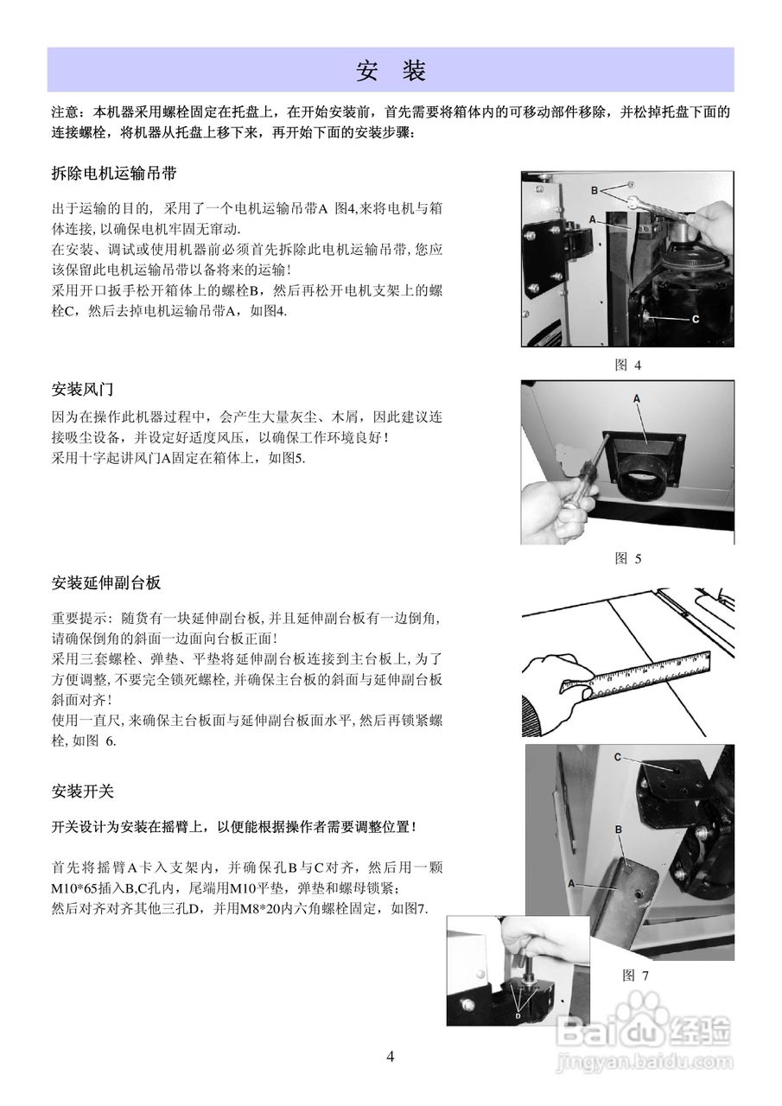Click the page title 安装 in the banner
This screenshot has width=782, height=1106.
[x=391, y=71]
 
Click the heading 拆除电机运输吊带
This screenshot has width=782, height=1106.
[x=114, y=173]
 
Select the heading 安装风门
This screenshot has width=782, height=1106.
[x=83, y=388]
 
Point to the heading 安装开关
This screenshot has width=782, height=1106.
[x=83, y=791]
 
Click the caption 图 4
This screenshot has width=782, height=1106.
[x=627, y=365]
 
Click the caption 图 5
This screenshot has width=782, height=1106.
[x=627, y=558]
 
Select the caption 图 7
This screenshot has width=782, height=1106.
[x=635, y=975]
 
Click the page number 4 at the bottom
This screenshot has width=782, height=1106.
[x=391, y=1057]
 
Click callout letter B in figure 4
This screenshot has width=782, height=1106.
[x=594, y=189]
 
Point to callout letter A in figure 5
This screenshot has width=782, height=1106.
[x=637, y=398]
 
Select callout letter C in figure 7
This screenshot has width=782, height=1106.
[x=618, y=757]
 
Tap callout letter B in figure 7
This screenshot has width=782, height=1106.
[x=619, y=829]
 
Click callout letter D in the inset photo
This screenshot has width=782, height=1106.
[x=518, y=1016]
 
